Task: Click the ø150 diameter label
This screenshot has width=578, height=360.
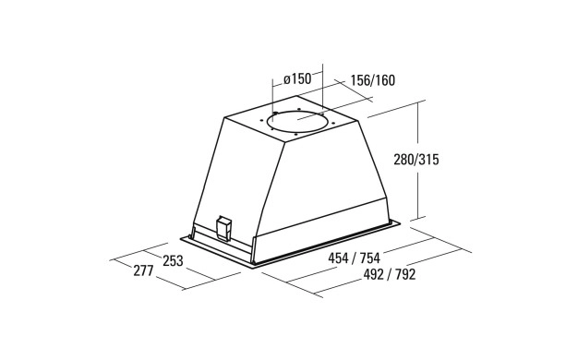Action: (297, 78)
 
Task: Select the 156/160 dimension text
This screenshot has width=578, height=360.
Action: (372, 80)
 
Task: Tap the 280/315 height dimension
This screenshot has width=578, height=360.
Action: (416, 160)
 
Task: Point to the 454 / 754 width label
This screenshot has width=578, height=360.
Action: (354, 258)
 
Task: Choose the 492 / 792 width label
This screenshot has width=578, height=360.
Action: (390, 274)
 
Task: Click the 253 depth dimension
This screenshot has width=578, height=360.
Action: (173, 260)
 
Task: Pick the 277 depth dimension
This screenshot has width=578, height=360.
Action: (143, 271)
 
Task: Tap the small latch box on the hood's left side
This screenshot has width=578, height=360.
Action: (223, 228)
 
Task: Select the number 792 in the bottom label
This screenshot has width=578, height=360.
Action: (405, 274)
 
